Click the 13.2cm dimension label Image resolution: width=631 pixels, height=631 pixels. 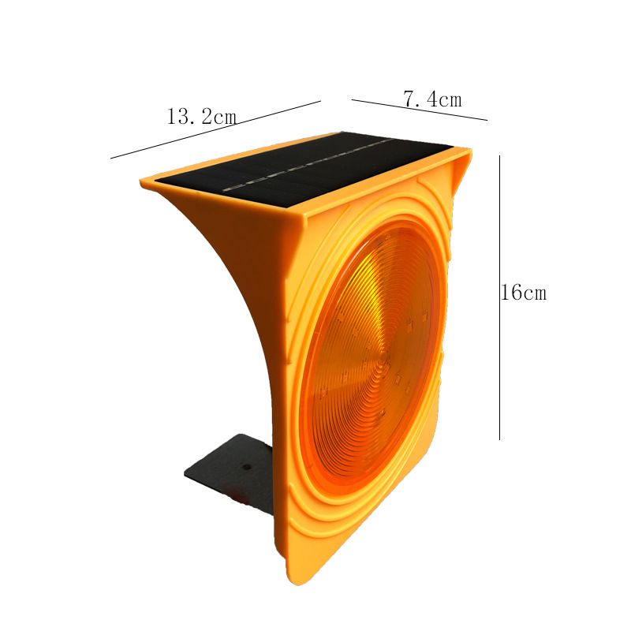click(202, 117)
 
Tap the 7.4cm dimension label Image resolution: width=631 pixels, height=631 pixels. click(432, 99)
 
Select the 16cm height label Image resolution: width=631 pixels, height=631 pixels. click(524, 292)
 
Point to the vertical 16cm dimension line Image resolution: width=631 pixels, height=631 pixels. click(500, 297)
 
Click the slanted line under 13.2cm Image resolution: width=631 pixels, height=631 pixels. click(215, 129)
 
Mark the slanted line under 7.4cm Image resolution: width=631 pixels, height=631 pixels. click(420, 110)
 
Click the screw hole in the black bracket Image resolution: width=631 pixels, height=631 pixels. click(246, 467)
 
